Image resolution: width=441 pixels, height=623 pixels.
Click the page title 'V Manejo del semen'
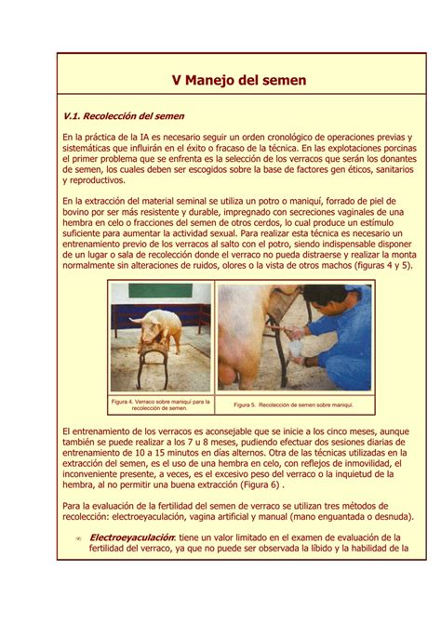[x=239, y=81]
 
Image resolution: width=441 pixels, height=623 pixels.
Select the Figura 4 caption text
[x=159, y=404]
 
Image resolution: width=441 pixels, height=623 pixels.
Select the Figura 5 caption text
[x=294, y=405]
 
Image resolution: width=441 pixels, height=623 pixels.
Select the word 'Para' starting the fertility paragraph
[x=73, y=504]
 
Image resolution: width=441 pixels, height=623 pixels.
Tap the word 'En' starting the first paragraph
[x=68, y=137]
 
